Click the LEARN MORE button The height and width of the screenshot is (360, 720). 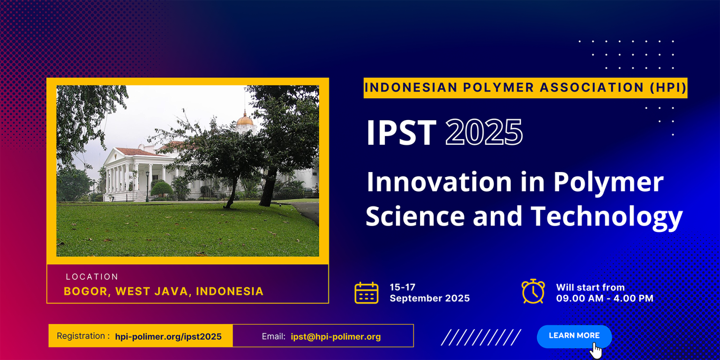click(x=574, y=336)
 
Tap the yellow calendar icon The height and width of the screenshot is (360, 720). click(x=366, y=293)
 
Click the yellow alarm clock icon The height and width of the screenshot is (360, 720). click(x=533, y=292)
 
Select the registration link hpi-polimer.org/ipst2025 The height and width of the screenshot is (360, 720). click(x=168, y=337)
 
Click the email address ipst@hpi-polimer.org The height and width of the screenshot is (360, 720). click(x=335, y=337)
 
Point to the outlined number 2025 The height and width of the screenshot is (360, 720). click(x=484, y=133)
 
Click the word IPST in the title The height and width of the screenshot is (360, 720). click(x=401, y=133)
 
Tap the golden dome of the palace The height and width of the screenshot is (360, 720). click(x=244, y=120)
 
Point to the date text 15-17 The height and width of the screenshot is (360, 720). click(x=402, y=287)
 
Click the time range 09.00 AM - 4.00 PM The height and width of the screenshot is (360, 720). click(x=604, y=299)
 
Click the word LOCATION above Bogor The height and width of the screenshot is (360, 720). click(x=92, y=277)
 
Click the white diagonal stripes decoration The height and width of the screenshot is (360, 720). click(x=480, y=337)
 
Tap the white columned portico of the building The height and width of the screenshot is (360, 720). click(x=123, y=176)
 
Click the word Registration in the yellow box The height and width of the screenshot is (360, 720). click(x=80, y=336)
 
